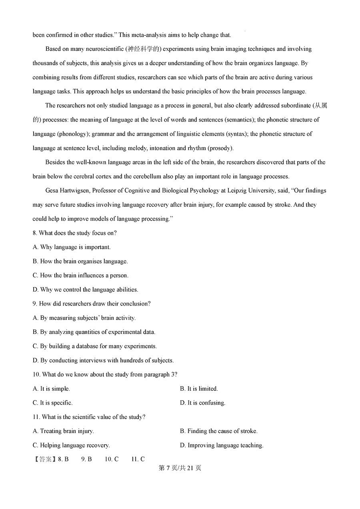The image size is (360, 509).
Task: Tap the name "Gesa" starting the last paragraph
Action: tap(52, 191)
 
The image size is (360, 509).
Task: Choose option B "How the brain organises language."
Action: tap(80, 261)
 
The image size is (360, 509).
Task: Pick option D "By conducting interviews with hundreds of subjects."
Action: tap(103, 360)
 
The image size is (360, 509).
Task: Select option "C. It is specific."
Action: tap(53, 403)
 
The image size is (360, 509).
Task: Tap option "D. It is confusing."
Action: tap(203, 403)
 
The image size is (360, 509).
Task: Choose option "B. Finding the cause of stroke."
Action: tap(219, 431)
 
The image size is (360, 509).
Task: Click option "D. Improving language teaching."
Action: tap(222, 445)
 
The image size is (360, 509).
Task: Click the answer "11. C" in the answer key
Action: tap(138, 459)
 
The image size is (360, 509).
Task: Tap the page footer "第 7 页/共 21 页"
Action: tap(180, 468)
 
